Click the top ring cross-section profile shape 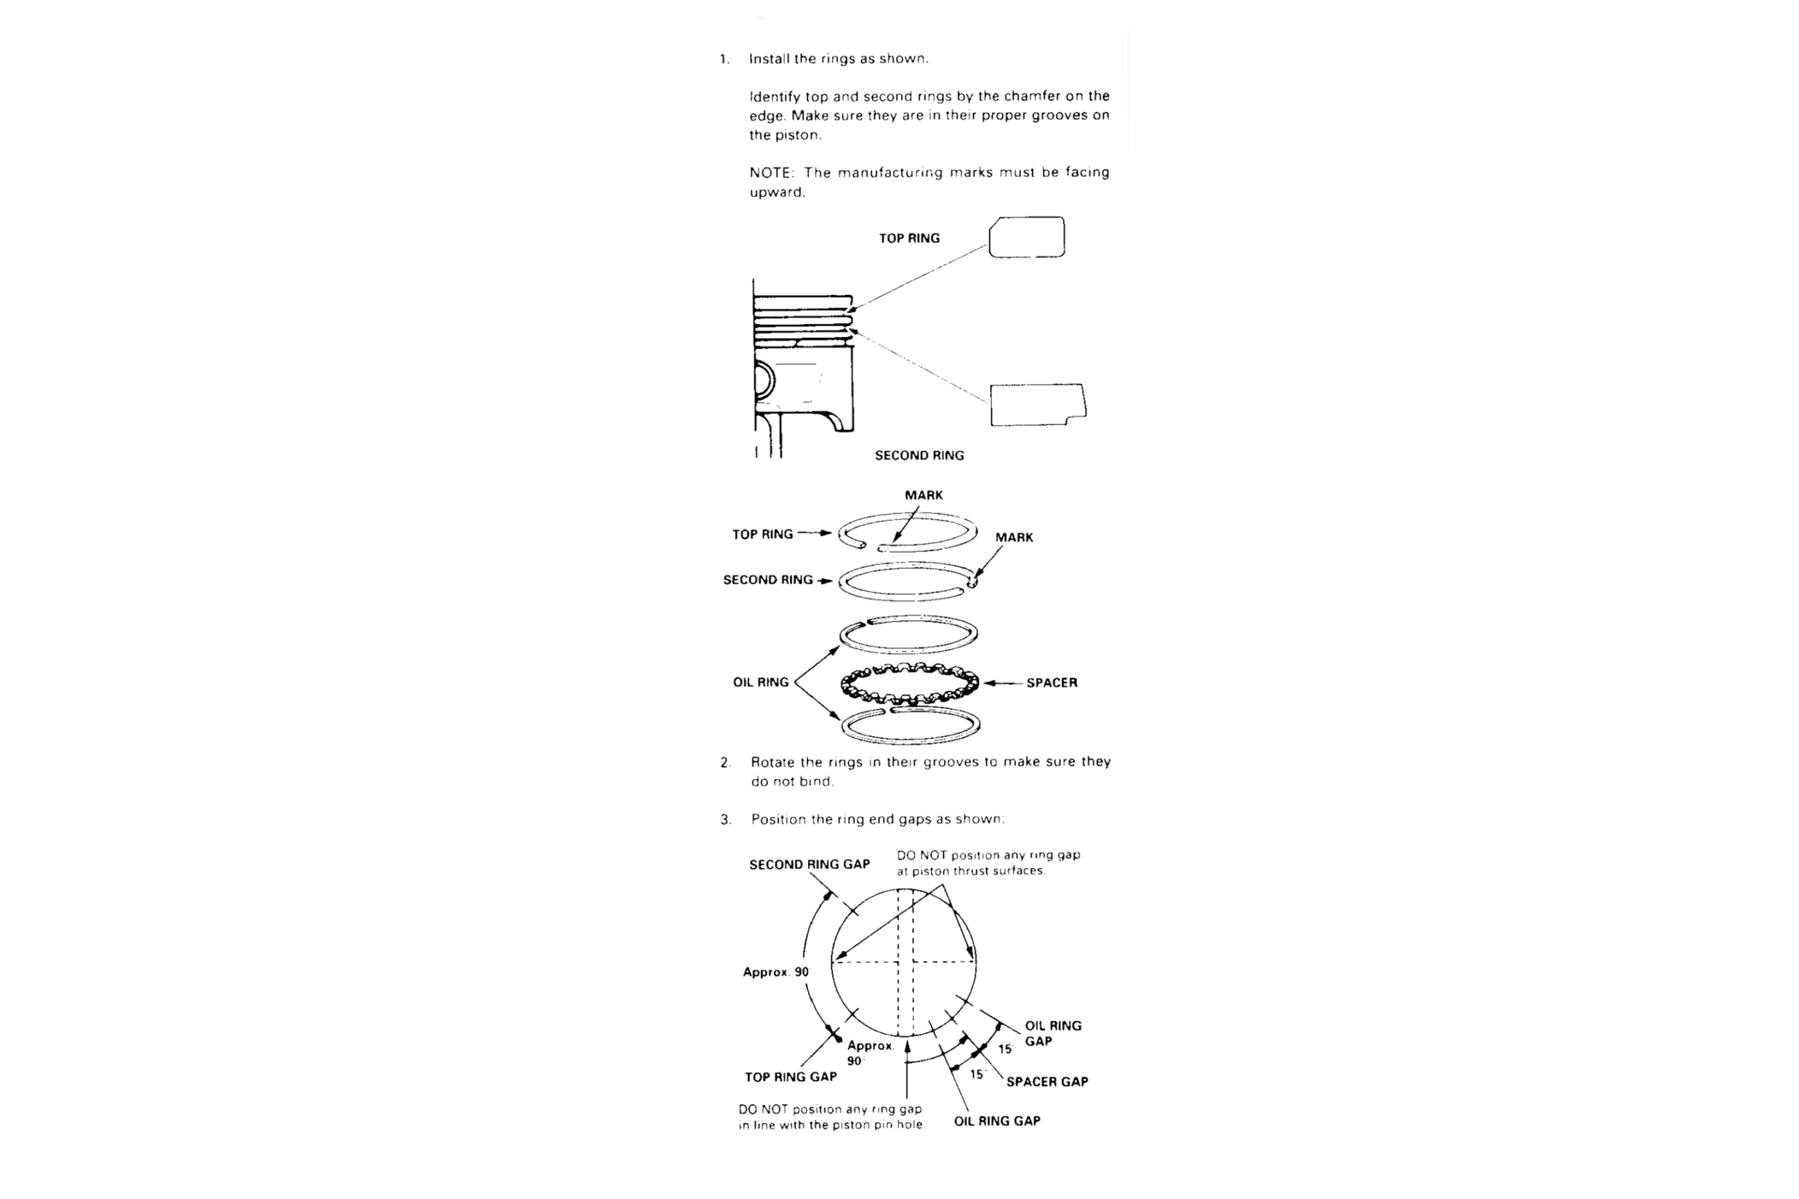[x=1027, y=237]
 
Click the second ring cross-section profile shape [x=1037, y=405]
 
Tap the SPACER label [x=1051, y=683]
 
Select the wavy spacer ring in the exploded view [x=909, y=683]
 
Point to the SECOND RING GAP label [x=810, y=865]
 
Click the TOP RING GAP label [x=791, y=1077]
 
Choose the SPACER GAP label [x=1046, y=1081]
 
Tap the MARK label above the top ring [x=924, y=495]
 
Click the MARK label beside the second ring [x=1013, y=537]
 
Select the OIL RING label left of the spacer [x=760, y=682]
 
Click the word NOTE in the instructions [x=770, y=173]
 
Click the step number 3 [x=725, y=820]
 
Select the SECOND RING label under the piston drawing [x=919, y=456]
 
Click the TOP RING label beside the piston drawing [x=909, y=239]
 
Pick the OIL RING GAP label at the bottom [x=996, y=1121]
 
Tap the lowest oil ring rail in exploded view [x=910, y=726]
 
